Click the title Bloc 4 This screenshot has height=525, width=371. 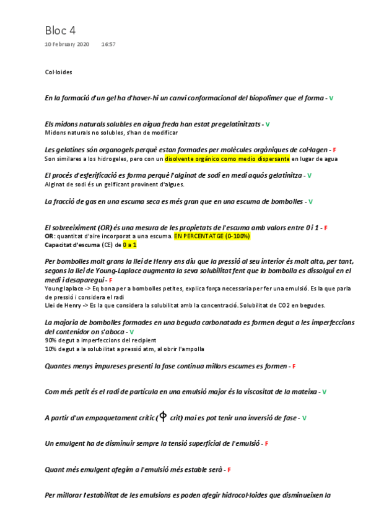60,30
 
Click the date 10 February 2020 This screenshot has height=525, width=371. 67,45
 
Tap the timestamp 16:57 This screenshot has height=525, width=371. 108,45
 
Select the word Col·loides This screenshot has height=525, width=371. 59,72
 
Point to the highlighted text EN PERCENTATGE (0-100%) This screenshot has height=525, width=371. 212,236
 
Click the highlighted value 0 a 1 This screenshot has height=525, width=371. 129,245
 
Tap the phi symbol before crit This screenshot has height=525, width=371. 163,417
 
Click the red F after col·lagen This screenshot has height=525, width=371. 334,150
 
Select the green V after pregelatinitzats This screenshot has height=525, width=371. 268,124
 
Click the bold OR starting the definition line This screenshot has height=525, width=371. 49,236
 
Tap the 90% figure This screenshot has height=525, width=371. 51,341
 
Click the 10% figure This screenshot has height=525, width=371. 51,349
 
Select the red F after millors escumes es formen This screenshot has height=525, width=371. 294,367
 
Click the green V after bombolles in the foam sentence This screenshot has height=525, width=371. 310,202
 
